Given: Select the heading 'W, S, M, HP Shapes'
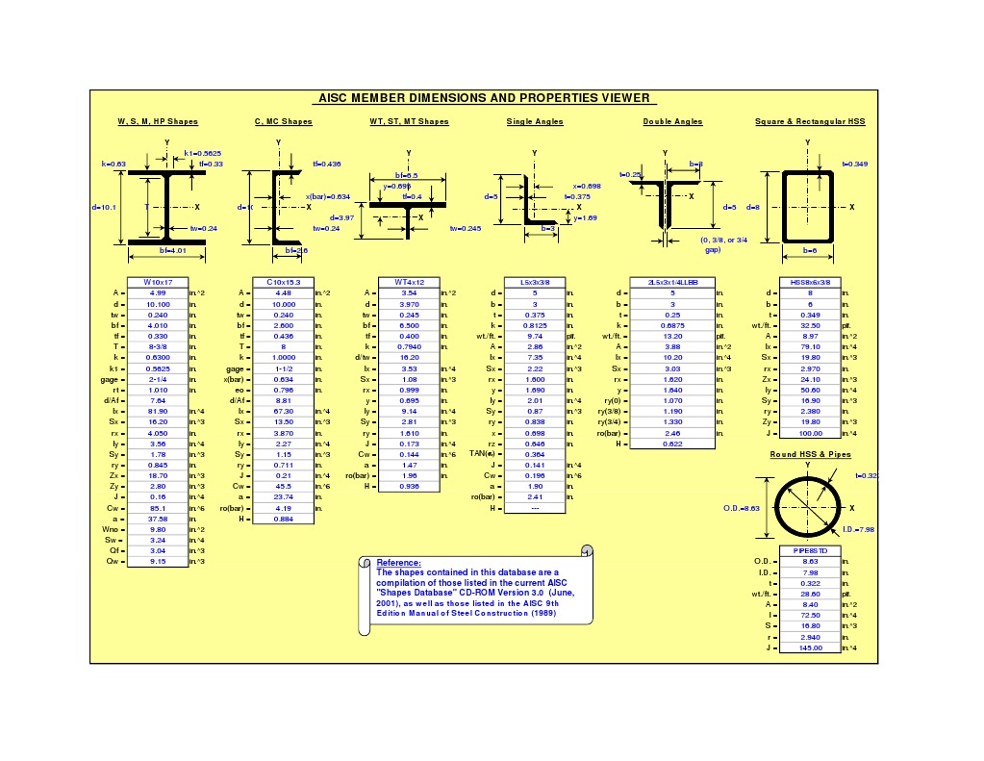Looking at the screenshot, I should point(158,122).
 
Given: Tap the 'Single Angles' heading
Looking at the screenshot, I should point(535,122).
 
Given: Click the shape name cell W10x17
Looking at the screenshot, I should point(158,282).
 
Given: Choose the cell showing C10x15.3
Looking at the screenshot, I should point(283,282).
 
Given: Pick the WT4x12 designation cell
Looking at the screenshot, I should point(409,282).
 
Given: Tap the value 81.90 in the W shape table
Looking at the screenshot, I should point(158,411).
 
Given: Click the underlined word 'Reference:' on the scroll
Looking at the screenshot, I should point(398,562).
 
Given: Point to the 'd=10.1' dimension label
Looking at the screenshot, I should point(104,207).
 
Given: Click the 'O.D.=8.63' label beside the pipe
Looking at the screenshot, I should point(742,508).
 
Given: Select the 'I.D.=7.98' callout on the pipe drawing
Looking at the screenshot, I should point(860,529).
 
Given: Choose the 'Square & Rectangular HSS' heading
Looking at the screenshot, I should point(810,122).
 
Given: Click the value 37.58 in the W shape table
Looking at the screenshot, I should point(158,518).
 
